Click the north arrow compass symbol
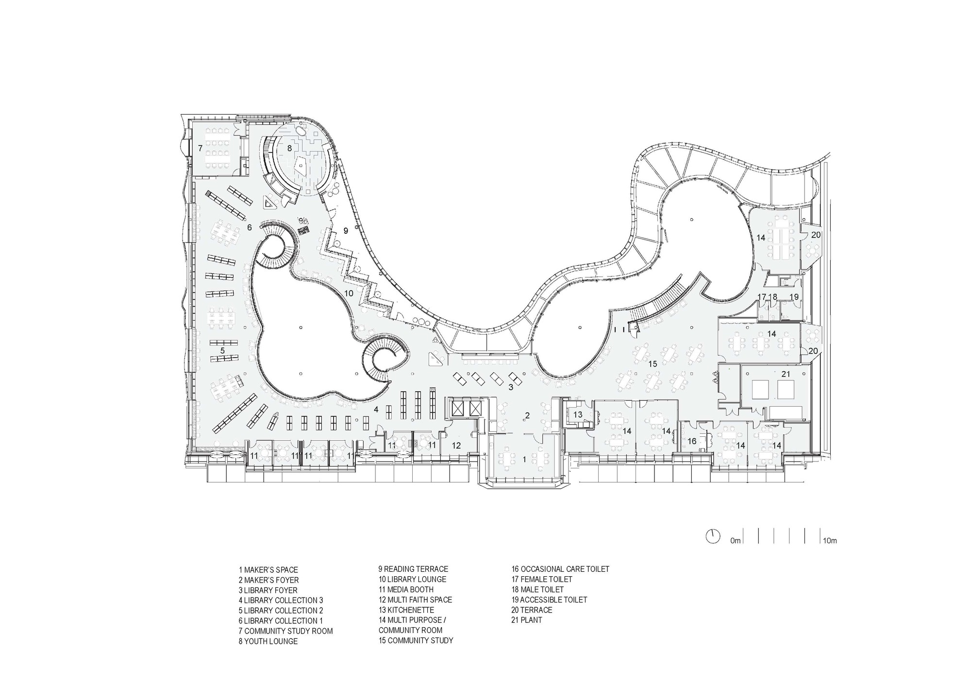pyautogui.click(x=712, y=536)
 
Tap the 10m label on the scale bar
pyautogui.click(x=829, y=540)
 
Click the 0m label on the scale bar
pyautogui.click(x=735, y=540)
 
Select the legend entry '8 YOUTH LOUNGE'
pyautogui.click(x=268, y=641)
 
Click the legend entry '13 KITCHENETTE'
pyautogui.click(x=406, y=610)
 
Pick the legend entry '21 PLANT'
pyautogui.click(x=526, y=620)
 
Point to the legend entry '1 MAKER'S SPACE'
pyautogui.click(x=268, y=569)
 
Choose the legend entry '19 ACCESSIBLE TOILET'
pyautogui.click(x=549, y=600)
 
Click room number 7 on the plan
pyautogui.click(x=200, y=148)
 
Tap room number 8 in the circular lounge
pyautogui.click(x=289, y=148)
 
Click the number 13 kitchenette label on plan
pyautogui.click(x=578, y=414)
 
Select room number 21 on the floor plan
pyautogui.click(x=786, y=374)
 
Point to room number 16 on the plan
pyautogui.click(x=692, y=441)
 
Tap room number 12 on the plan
pyautogui.click(x=456, y=445)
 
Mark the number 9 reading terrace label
pyautogui.click(x=346, y=231)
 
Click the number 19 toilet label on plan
pyautogui.click(x=794, y=297)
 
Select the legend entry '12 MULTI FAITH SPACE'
pyautogui.click(x=415, y=600)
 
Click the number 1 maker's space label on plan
pyautogui.click(x=524, y=459)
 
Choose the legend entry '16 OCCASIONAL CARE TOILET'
pyautogui.click(x=560, y=569)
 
